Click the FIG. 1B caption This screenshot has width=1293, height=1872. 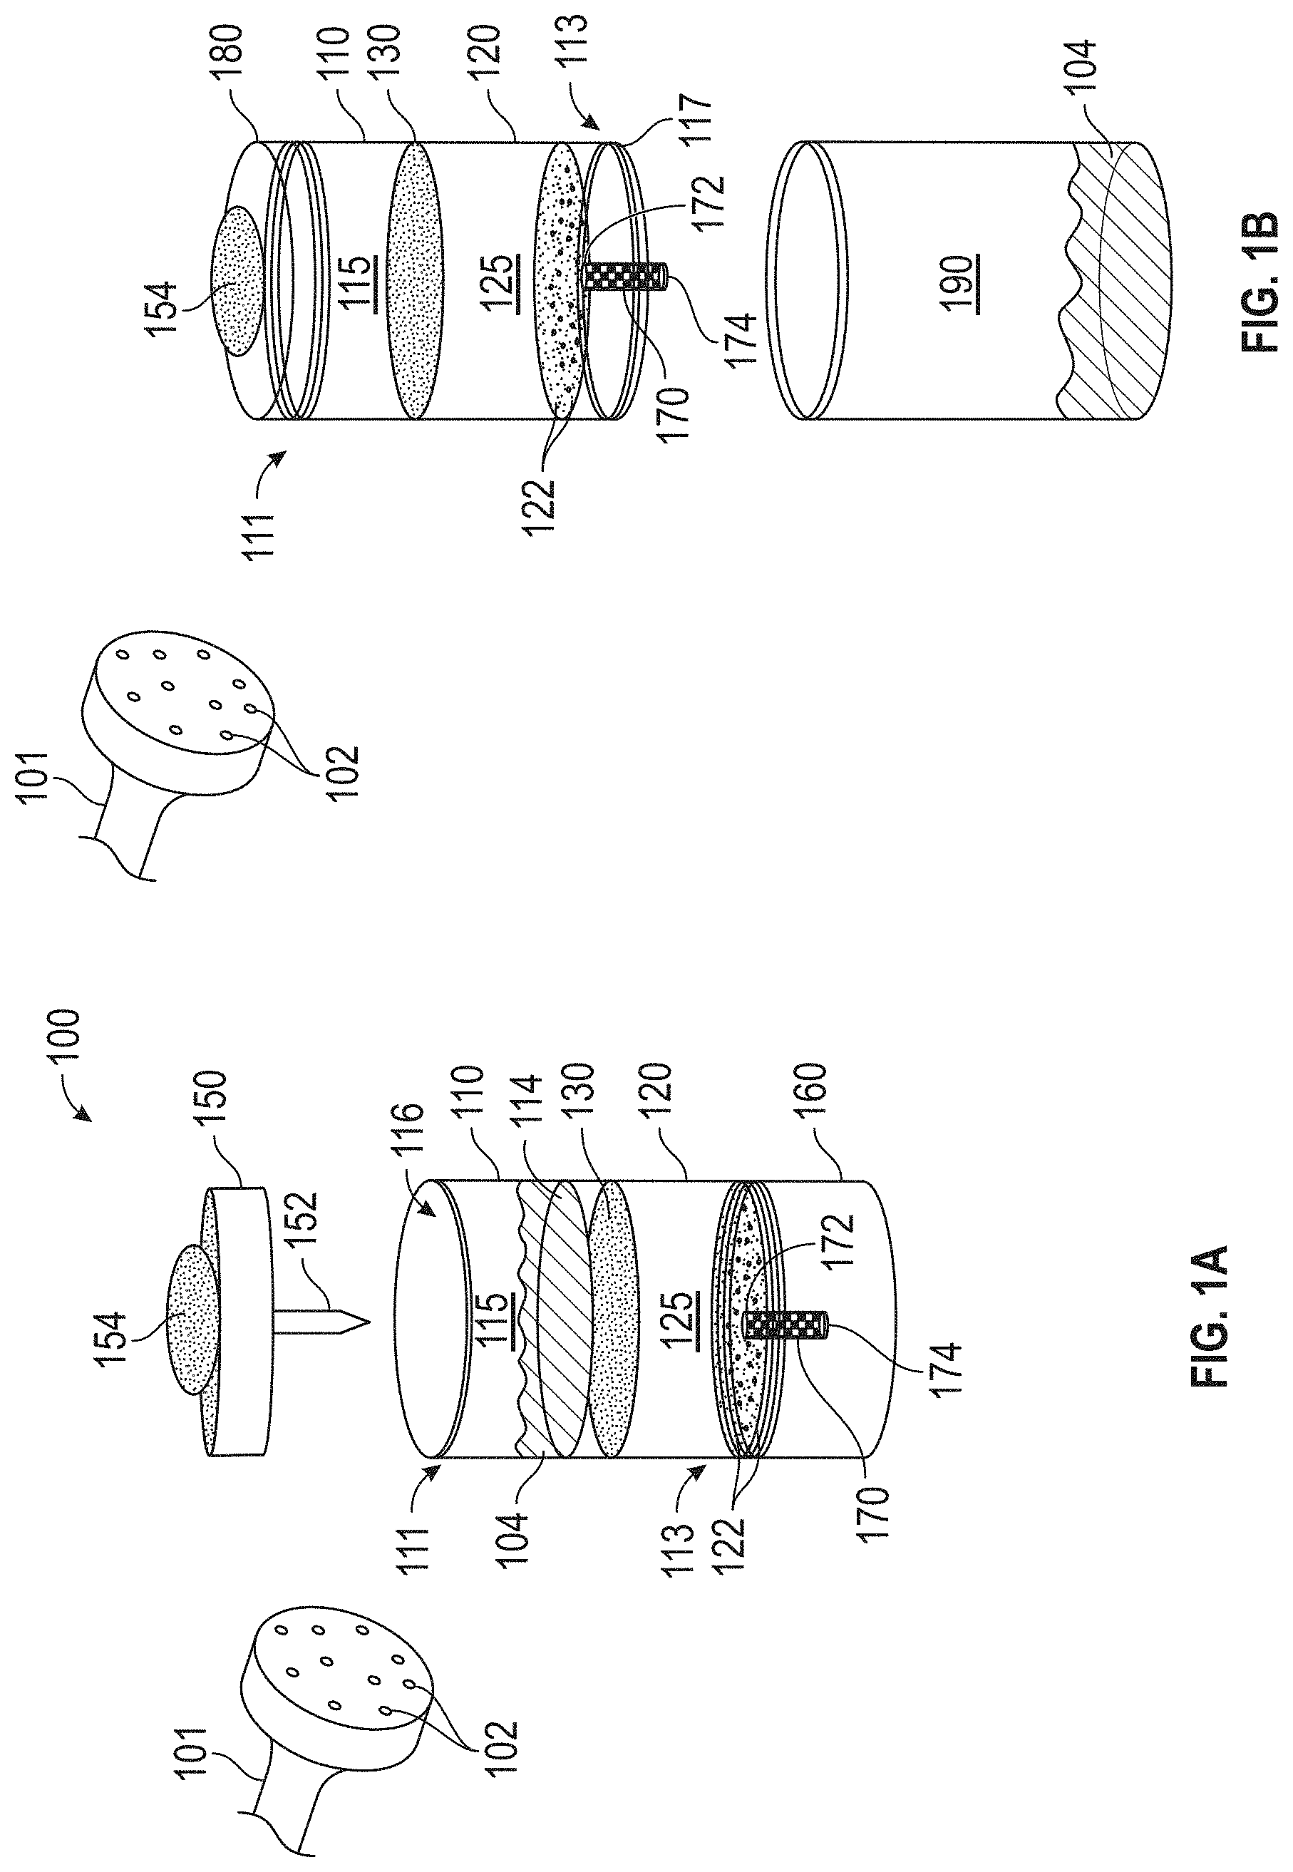coord(1259,281)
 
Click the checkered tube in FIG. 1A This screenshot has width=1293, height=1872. coord(785,1325)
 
